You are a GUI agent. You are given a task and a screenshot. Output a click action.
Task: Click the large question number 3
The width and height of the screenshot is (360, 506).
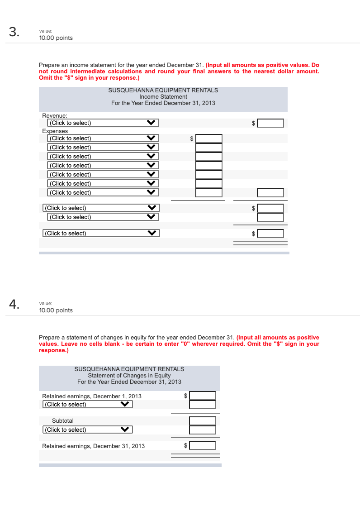(x=14, y=32)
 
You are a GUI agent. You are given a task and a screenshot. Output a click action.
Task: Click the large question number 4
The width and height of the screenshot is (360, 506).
(x=14, y=305)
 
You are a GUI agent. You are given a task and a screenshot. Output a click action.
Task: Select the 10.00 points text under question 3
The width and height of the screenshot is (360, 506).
(x=56, y=38)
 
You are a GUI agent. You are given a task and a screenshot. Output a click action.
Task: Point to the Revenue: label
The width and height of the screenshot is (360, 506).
(x=54, y=116)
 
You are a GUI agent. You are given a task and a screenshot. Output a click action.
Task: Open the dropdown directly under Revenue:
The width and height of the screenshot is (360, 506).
(x=103, y=123)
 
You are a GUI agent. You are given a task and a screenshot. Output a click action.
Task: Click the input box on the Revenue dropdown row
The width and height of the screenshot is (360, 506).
(x=270, y=123)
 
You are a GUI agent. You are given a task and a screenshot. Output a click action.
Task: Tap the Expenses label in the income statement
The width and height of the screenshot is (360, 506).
(x=55, y=131)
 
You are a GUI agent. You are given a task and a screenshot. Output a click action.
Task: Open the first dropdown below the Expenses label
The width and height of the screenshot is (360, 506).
(x=103, y=138)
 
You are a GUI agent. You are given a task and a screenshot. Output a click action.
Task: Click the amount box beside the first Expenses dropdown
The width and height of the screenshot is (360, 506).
(x=209, y=138)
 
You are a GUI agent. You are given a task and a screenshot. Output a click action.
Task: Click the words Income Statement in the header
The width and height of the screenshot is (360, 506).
(x=163, y=97)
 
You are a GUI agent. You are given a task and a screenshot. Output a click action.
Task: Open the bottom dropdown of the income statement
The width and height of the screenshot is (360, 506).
(x=101, y=234)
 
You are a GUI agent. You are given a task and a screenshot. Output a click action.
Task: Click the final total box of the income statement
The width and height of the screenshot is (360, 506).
(x=270, y=234)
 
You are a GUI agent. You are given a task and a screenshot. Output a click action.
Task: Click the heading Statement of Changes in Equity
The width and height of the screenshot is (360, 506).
(x=129, y=376)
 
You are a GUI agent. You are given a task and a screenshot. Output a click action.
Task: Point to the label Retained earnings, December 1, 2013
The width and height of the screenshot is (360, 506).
(x=92, y=396)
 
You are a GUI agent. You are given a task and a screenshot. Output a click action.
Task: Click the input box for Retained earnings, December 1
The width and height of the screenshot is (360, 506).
(x=203, y=396)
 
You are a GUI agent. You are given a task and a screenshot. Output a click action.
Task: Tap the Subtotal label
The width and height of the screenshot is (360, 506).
(x=62, y=421)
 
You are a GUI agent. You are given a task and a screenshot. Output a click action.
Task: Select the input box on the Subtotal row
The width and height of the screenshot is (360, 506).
(x=203, y=421)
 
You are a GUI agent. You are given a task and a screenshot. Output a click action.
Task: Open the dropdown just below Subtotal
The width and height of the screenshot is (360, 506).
(x=88, y=430)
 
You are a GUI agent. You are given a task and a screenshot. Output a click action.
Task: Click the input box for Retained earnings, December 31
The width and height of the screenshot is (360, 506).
(x=203, y=446)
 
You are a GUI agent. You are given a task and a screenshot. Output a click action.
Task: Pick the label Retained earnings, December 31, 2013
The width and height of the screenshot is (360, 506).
(x=94, y=446)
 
